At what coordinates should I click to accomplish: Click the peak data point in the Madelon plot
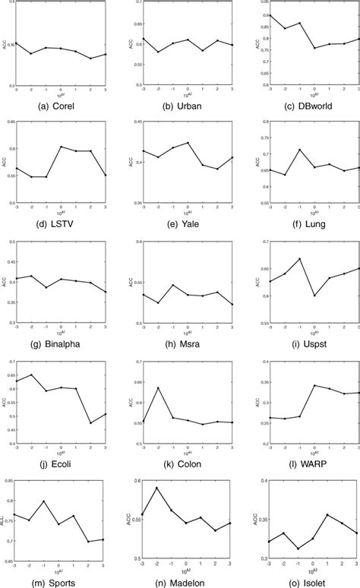point(157,488)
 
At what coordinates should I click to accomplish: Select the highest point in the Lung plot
point(299,150)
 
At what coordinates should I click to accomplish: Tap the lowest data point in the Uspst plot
point(314,296)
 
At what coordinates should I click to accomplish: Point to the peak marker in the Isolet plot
point(328,515)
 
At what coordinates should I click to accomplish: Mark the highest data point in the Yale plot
point(187,142)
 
